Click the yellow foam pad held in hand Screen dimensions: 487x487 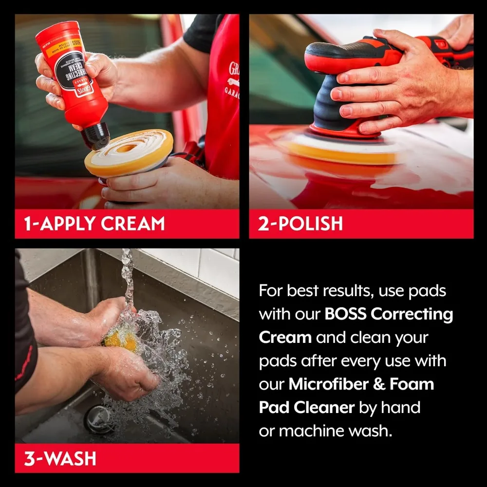point(129,153)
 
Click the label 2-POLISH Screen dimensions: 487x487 point(301,224)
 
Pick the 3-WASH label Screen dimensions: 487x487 point(60,458)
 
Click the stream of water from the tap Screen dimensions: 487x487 point(128,278)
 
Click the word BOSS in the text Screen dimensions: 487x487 point(346,314)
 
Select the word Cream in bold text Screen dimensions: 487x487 point(285,337)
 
